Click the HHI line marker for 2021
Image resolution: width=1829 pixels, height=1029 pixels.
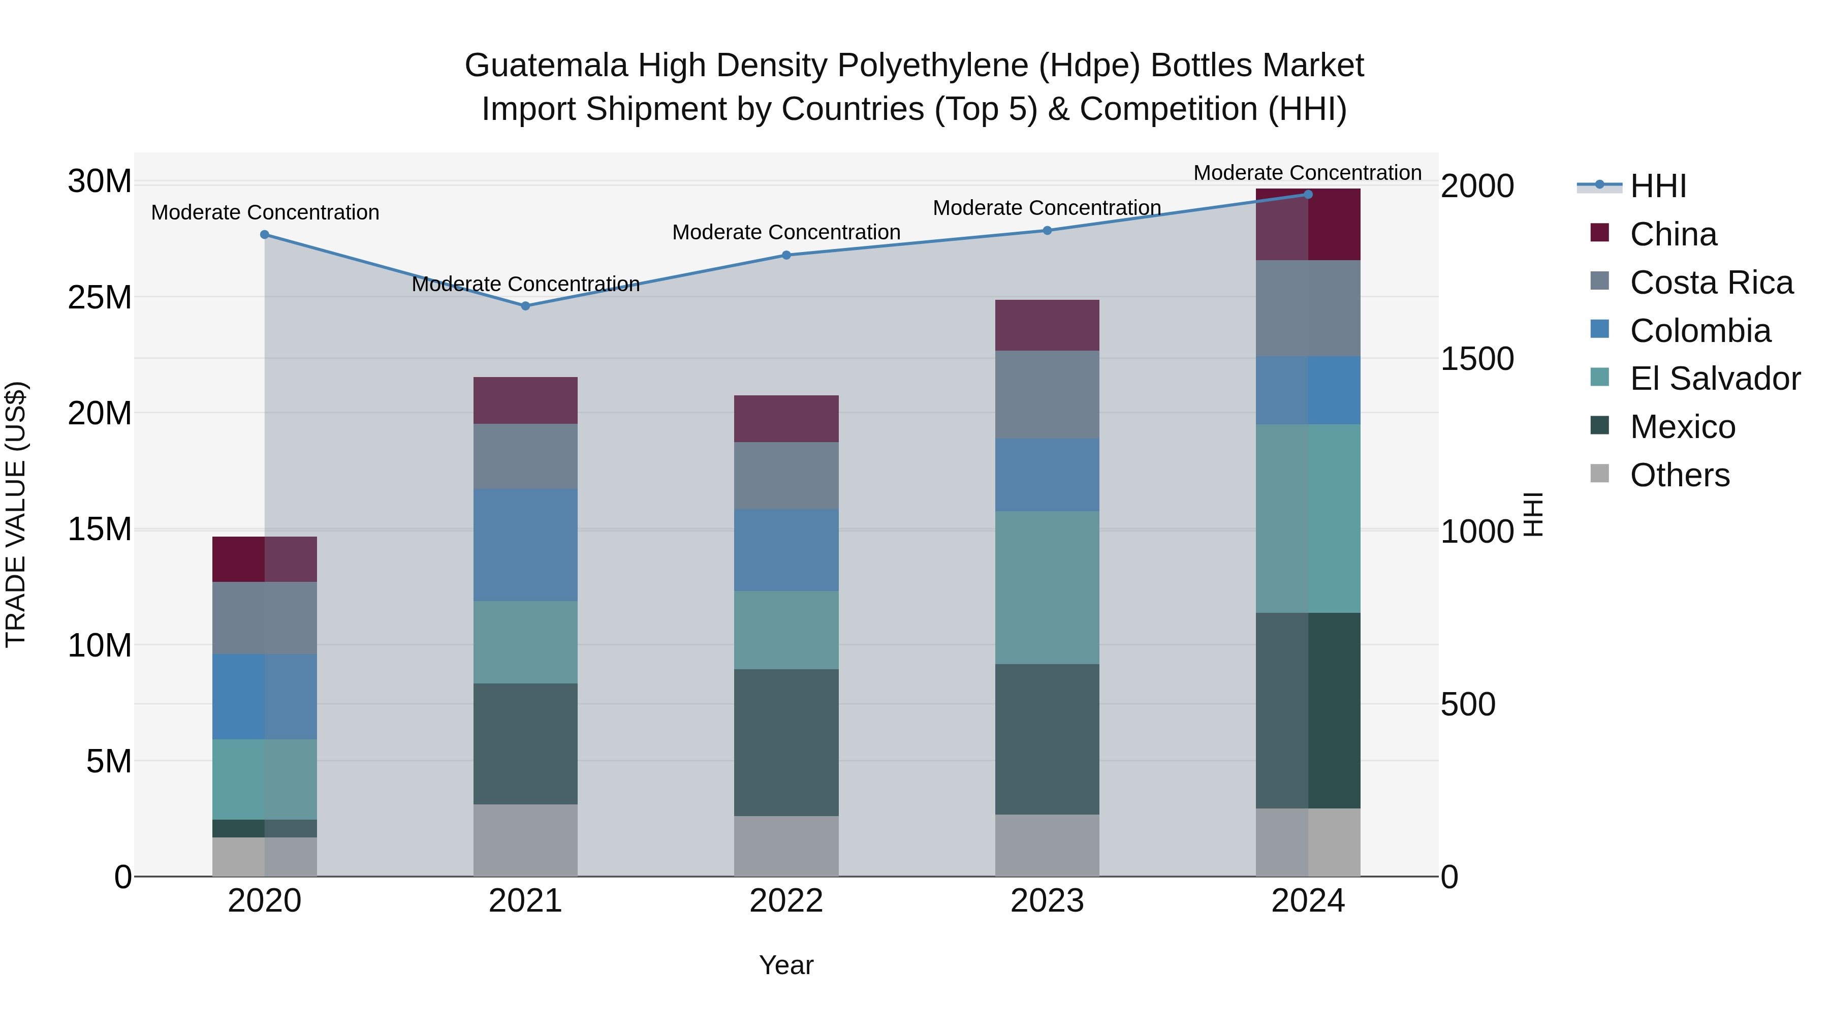tap(525, 306)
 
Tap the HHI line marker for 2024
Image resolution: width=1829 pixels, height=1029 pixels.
tap(1308, 195)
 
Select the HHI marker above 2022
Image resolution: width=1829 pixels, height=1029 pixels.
tap(786, 255)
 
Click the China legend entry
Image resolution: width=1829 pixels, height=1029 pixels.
tap(1673, 234)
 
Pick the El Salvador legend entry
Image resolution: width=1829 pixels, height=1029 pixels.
tap(1715, 379)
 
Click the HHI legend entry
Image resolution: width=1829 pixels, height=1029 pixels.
tap(1658, 186)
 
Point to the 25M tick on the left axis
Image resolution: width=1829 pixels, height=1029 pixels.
tap(100, 298)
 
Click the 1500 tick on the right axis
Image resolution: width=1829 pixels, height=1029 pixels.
tap(1477, 359)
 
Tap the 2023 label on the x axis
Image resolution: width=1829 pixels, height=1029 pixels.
tap(1047, 901)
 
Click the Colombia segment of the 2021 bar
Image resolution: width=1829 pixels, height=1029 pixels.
tap(525, 545)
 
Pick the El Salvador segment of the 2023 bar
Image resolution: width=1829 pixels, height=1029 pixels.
tap(1047, 587)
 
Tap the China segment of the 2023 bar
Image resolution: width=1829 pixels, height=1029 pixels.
tap(1047, 325)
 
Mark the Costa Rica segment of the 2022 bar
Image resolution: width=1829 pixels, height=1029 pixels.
tap(786, 476)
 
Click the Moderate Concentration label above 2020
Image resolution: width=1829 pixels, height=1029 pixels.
tap(265, 212)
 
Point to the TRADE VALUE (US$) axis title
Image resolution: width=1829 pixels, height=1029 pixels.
tap(16, 514)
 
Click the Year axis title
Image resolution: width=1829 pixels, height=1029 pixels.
tap(786, 965)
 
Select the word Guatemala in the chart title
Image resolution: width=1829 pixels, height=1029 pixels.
tap(546, 66)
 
